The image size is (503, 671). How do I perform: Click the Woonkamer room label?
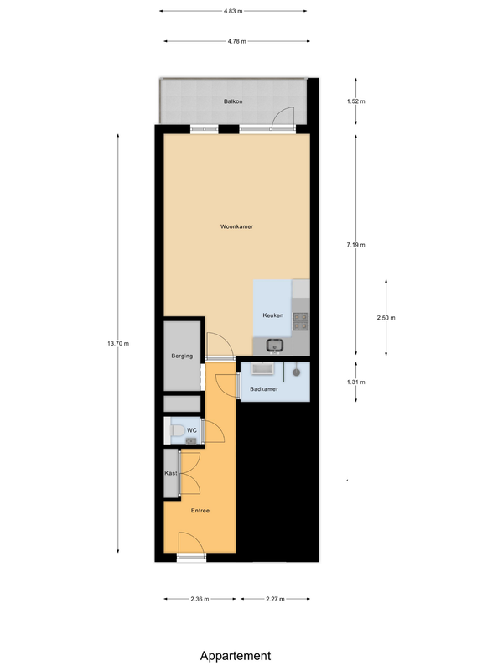(237, 227)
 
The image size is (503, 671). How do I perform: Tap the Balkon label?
(233, 101)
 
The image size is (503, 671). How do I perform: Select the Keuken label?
(272, 315)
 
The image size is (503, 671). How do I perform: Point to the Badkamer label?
(264, 389)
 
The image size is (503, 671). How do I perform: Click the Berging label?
(182, 356)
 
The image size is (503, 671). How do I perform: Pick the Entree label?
(200, 511)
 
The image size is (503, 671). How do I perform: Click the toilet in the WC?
(177, 431)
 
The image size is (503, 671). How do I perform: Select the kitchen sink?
(273, 344)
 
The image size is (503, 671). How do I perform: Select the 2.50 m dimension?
(386, 318)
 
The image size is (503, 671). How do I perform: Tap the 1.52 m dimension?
(357, 101)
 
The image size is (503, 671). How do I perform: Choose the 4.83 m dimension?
(233, 11)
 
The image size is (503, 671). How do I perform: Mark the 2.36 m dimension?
(200, 599)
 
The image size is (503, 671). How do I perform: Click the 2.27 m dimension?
(274, 599)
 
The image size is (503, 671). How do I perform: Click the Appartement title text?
(236, 656)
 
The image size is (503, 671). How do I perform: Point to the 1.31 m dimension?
(357, 382)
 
